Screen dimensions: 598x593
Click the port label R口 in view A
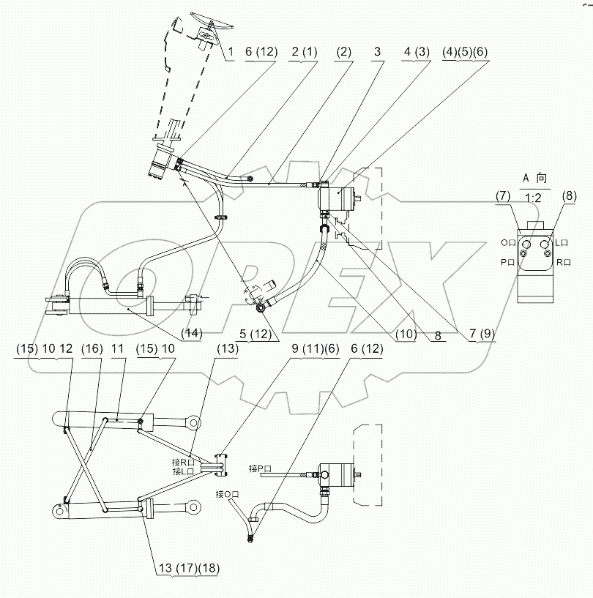(564, 260)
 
